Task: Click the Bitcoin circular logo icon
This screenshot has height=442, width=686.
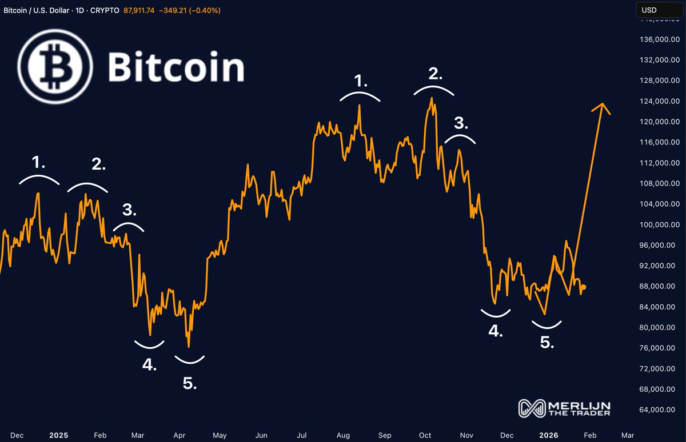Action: [x=55, y=67]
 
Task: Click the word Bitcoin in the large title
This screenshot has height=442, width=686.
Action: [x=176, y=67]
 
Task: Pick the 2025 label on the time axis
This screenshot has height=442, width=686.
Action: [x=58, y=435]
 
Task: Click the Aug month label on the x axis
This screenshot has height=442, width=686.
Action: [x=343, y=435]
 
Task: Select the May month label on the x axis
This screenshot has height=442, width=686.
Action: [x=220, y=435]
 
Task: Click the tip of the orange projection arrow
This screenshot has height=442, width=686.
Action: [x=601, y=104]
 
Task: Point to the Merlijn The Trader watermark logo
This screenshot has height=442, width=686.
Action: [x=565, y=408]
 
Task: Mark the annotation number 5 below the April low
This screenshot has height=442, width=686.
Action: [x=190, y=383]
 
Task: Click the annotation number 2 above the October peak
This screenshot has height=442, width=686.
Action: [x=436, y=73]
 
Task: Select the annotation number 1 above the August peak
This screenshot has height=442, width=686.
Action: [x=361, y=81]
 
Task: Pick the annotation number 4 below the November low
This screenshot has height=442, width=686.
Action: [x=495, y=331]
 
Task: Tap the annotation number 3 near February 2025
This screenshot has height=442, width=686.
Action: [x=129, y=210]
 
